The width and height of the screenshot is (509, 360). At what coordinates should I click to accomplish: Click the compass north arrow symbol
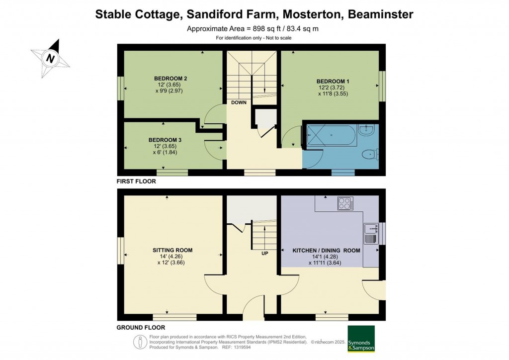pos(50,58)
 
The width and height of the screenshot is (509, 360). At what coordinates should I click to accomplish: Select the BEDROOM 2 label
pos(170,79)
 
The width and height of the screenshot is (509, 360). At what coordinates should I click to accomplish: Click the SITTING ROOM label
pos(172,250)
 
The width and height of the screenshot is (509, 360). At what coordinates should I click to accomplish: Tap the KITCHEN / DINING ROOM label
pos(326,251)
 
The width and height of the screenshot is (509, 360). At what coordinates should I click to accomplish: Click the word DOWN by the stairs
pos(239,103)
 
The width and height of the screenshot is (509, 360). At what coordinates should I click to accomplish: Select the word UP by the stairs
pos(265,253)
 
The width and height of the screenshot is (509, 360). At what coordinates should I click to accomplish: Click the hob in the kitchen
pos(345,203)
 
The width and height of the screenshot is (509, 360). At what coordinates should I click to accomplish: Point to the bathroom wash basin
pos(368,131)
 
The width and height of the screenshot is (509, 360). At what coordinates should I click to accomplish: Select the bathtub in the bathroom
pos(331,135)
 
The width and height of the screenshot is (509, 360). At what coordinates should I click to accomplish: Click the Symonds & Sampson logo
pos(361,339)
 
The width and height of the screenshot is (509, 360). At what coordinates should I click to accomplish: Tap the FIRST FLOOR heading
pos(136,181)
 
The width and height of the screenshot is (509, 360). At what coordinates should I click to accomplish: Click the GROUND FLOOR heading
pos(141,328)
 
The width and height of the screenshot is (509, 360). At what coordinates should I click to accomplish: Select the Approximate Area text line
pos(253,28)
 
